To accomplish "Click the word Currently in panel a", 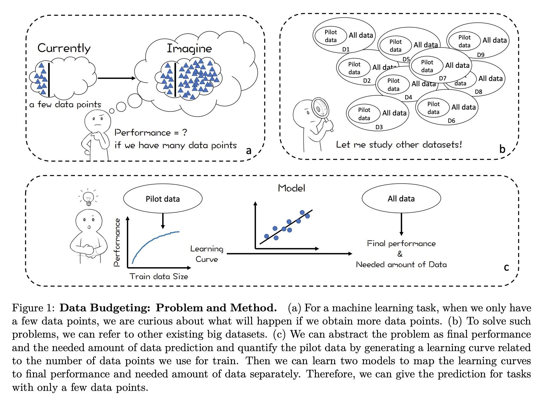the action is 64,48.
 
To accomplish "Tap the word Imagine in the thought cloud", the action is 189,49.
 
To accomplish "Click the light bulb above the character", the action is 88,198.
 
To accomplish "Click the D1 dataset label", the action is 346,49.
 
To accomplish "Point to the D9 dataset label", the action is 480,55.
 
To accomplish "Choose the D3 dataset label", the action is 379,127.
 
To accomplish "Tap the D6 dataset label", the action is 451,121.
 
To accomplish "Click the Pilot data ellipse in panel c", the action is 163,198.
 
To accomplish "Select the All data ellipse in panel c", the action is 401,198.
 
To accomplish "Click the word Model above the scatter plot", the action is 292,188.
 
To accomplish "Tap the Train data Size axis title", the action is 159,276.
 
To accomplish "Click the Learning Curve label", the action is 207,254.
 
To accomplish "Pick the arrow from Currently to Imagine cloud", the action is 117,78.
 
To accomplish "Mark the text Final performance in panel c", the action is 401,244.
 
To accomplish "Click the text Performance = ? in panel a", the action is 151,133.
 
